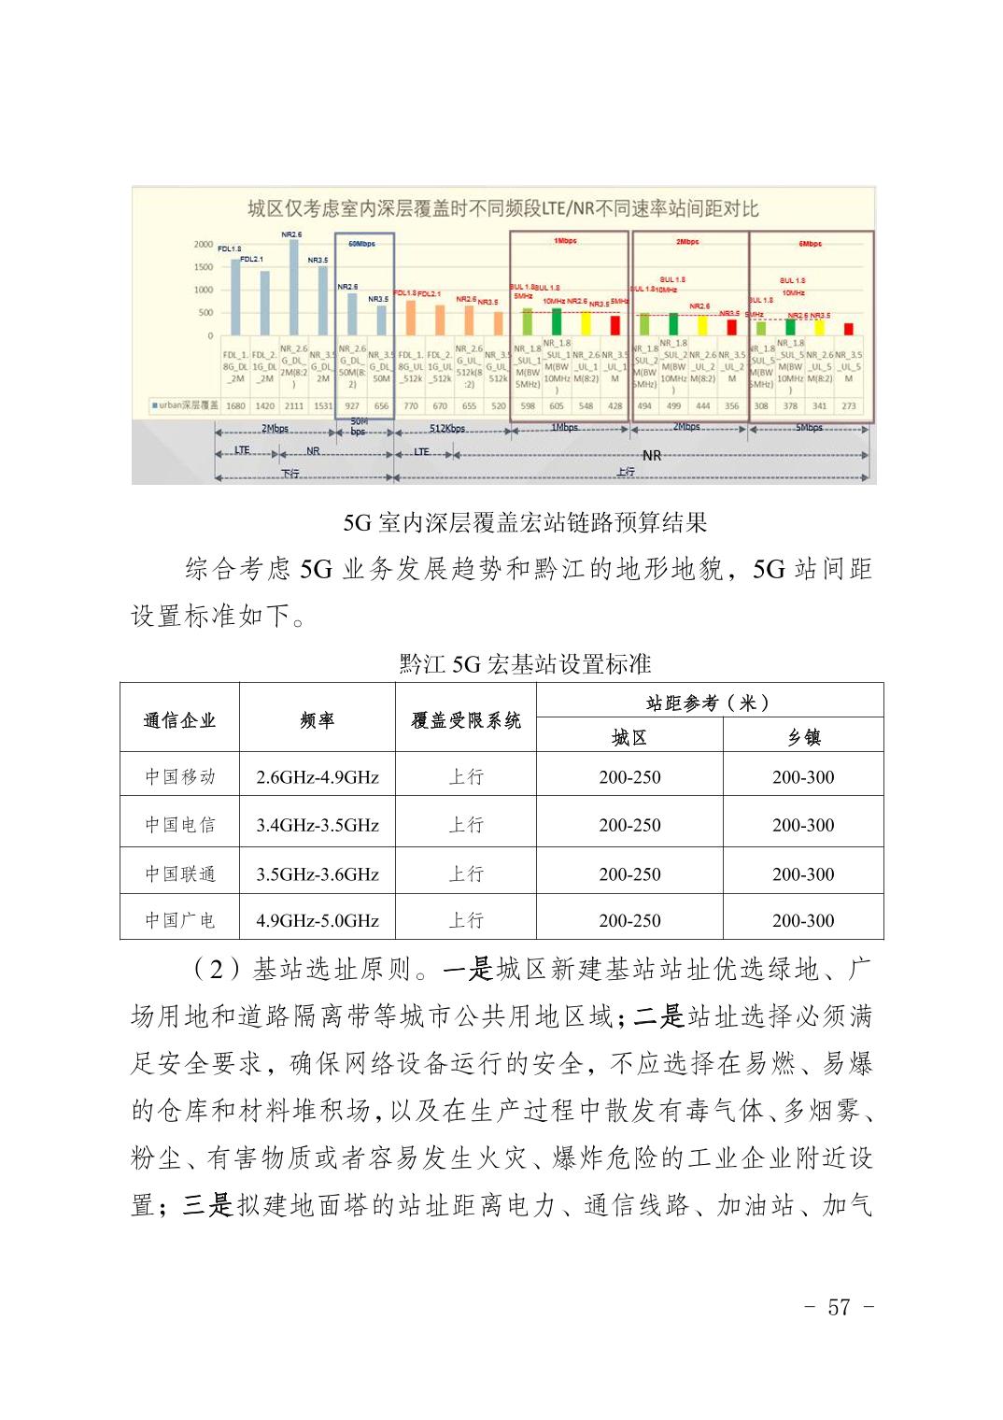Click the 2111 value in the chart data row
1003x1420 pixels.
click(x=293, y=406)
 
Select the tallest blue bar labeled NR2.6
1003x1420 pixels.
click(x=293, y=286)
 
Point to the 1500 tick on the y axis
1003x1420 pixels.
click(x=204, y=267)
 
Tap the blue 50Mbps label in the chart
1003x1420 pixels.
click(x=361, y=244)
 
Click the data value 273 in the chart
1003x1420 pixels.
click(x=849, y=406)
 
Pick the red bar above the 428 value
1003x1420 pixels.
click(x=615, y=324)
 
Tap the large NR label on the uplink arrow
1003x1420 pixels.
click(x=652, y=456)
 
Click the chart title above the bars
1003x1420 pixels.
click(x=502, y=208)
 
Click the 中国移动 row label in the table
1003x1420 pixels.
click(x=180, y=776)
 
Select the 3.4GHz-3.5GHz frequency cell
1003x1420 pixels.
click(x=318, y=825)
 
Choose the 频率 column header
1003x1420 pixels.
click(x=318, y=719)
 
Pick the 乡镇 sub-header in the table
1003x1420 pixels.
click(x=803, y=737)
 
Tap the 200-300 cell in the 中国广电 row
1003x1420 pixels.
click(x=803, y=920)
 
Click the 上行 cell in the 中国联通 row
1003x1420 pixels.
click(x=466, y=873)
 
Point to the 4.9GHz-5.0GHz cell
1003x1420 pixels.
click(x=318, y=920)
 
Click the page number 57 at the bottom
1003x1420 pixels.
click(x=839, y=1307)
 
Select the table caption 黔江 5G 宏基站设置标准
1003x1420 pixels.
click(x=525, y=664)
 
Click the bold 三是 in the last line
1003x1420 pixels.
click(x=208, y=1205)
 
